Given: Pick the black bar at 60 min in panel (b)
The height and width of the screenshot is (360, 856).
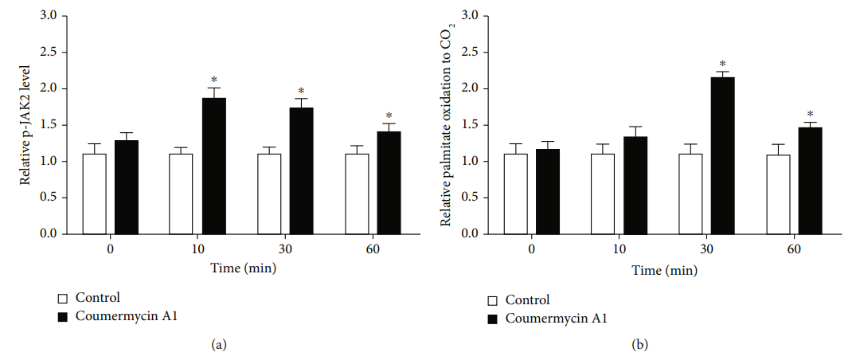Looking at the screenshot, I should pos(809,181).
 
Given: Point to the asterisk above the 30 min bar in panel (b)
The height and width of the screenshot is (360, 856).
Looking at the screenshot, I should pos(722,65).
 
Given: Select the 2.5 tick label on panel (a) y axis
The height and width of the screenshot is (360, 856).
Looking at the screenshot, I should pos(49,52).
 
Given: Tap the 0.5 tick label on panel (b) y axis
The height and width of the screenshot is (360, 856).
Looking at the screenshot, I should pos(469,198).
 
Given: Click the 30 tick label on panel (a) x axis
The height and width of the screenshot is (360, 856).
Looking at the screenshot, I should pos(285,250).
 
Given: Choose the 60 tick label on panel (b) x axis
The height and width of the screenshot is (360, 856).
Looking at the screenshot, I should pos(793,250).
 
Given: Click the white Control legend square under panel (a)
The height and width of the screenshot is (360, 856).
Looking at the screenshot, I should pos(63,299).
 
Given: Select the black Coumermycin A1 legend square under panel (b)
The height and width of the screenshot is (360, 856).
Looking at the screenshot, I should pos(492,319).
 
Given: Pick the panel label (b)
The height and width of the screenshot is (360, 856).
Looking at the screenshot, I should pos(639,344).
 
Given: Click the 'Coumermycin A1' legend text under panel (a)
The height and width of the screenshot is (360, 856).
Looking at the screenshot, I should pos(126,316).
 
